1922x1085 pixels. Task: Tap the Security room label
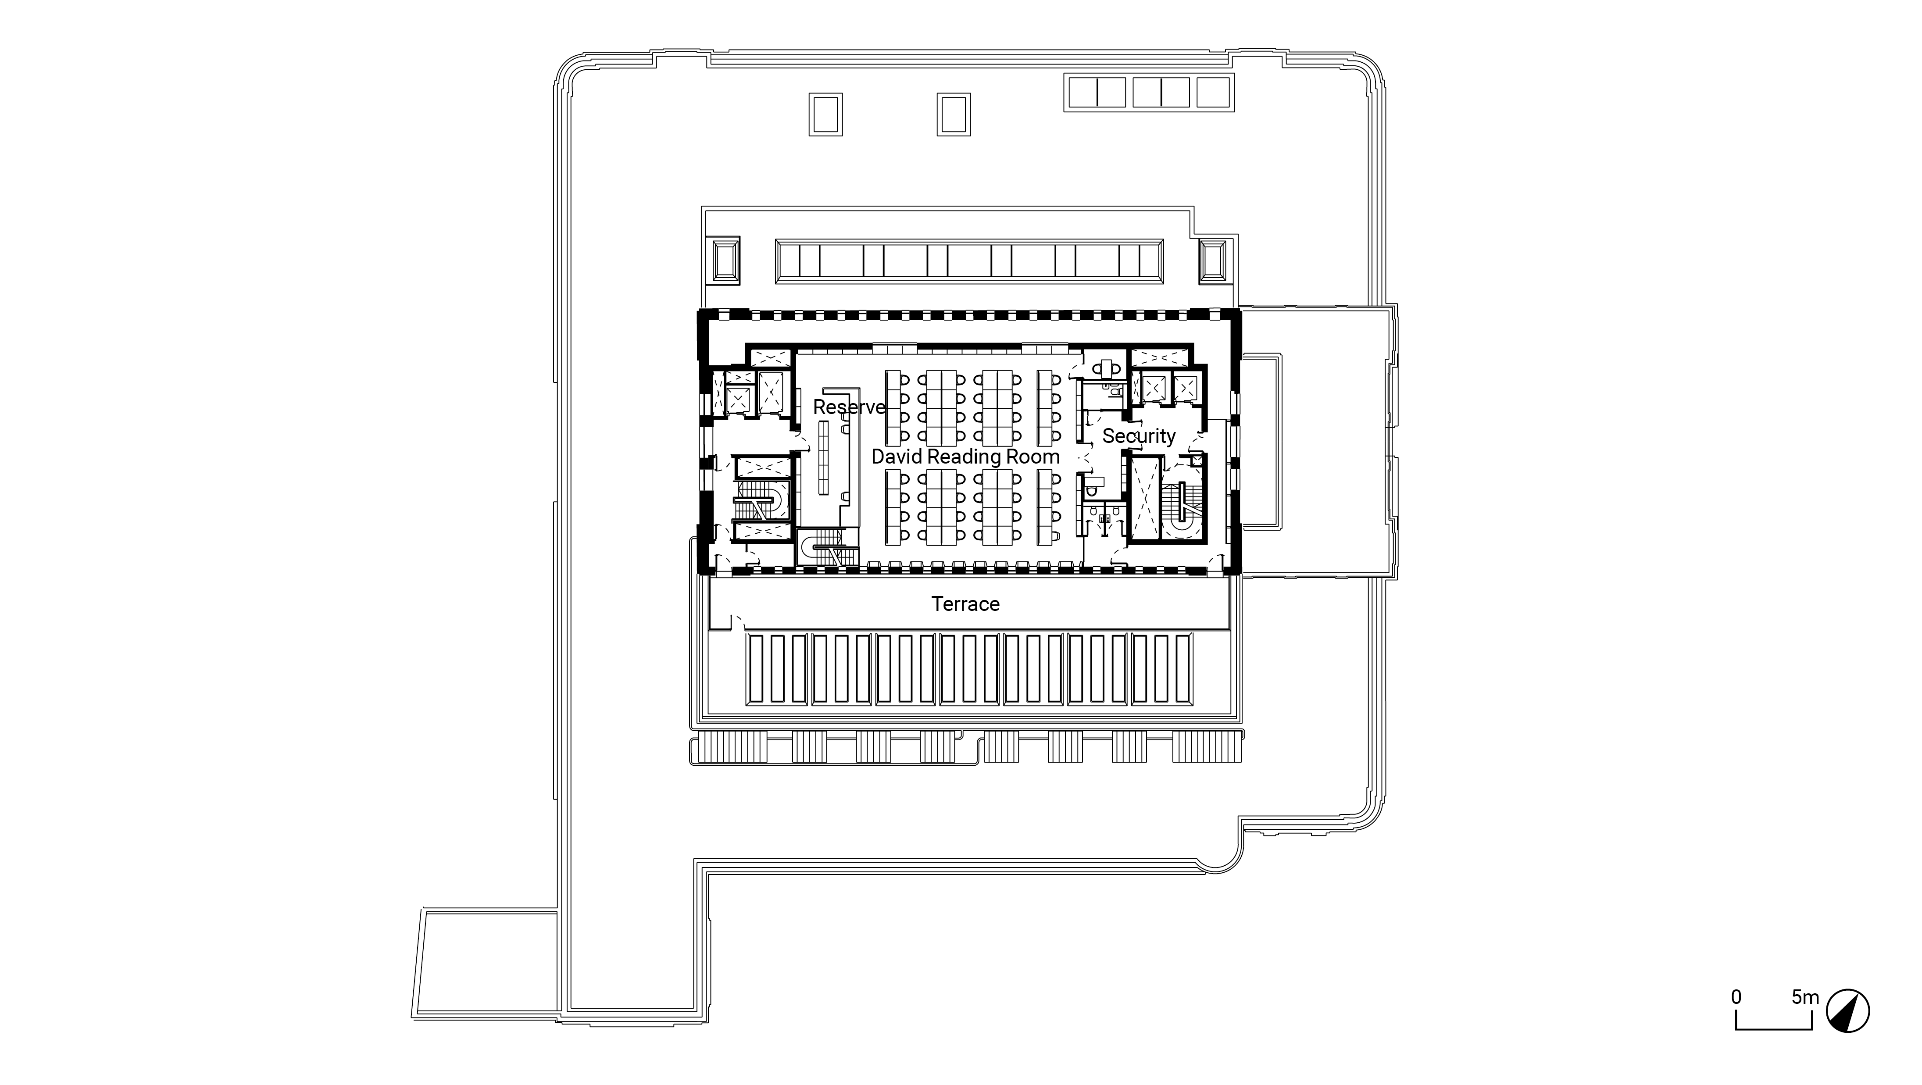pos(1139,436)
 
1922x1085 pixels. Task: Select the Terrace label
pos(965,604)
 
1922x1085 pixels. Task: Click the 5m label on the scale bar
pos(1806,997)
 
